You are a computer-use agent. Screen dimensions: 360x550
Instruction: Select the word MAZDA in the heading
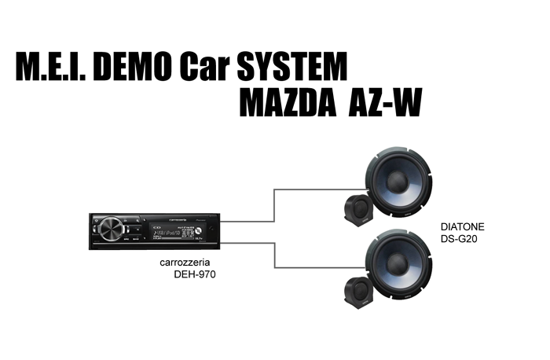tap(285, 105)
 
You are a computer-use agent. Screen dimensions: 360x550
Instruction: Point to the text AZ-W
tap(379, 105)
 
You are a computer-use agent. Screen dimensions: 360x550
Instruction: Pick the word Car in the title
tap(207, 67)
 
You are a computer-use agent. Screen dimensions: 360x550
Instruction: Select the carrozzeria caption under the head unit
tap(181, 263)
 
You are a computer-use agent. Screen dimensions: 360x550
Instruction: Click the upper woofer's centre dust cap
tap(397, 181)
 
